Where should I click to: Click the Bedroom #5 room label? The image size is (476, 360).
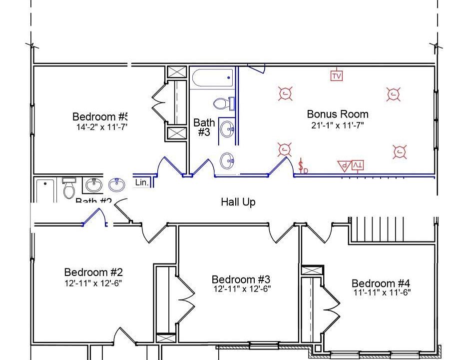(100, 116)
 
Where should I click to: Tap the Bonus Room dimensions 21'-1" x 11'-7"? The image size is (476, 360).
(337, 125)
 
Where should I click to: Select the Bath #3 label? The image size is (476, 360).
(204, 127)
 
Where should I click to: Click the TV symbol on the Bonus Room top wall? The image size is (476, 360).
(337, 75)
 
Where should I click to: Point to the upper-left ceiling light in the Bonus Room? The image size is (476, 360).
(285, 93)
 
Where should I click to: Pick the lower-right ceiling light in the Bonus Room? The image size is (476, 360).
(399, 152)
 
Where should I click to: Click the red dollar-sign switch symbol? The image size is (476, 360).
(302, 166)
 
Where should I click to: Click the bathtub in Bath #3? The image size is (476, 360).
(212, 78)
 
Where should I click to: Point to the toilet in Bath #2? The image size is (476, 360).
(69, 188)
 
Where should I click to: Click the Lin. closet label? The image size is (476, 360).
(142, 182)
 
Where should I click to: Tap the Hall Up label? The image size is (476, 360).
(238, 202)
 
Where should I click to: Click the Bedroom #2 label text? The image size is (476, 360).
(93, 272)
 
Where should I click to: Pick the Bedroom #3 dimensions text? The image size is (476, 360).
(242, 289)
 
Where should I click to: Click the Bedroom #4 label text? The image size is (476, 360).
(381, 283)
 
